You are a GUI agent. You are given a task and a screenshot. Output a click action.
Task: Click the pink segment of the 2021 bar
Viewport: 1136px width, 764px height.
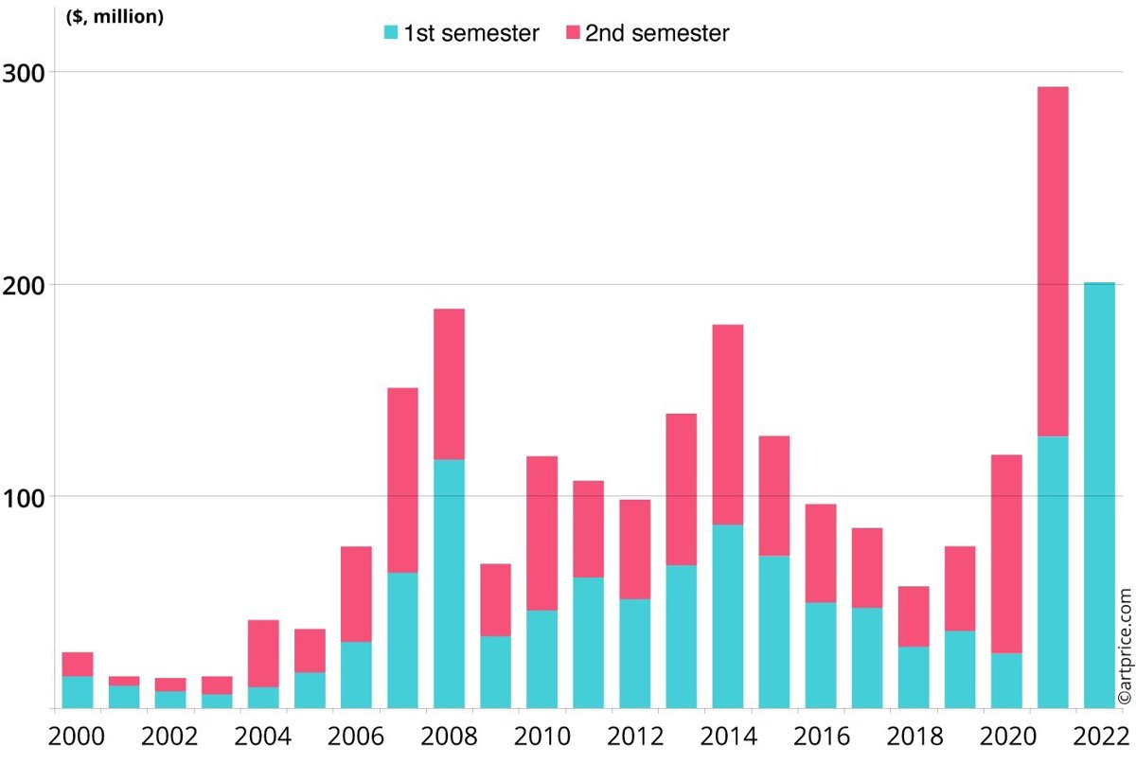coord(1053,261)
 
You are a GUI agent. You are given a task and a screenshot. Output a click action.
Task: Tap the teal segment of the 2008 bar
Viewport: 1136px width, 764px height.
coord(449,583)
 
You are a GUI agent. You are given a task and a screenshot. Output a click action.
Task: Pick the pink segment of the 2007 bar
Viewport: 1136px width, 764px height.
coord(402,480)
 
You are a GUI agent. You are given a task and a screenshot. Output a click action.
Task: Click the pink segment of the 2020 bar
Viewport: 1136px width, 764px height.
coord(1006,554)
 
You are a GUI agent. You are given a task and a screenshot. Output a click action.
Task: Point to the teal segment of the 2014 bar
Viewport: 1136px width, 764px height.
coord(727,615)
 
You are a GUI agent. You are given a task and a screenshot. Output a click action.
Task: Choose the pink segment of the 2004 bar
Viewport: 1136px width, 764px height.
coord(263,653)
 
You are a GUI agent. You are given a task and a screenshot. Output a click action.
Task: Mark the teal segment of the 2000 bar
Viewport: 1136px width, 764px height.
coord(78,692)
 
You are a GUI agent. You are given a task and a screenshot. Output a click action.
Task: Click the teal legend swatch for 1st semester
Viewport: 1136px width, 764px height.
coord(391,33)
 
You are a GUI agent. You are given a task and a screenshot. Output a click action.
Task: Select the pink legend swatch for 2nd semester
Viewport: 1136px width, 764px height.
coord(573,33)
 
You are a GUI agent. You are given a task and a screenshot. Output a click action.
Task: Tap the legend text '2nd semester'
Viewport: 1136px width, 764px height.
coord(657,33)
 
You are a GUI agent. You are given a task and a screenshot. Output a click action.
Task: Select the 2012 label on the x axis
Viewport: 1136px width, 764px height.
coord(634,736)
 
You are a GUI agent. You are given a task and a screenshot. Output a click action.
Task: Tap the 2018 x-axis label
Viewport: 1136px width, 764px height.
coord(914,736)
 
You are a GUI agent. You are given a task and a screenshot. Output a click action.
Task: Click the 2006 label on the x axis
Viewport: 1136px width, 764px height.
coord(355,736)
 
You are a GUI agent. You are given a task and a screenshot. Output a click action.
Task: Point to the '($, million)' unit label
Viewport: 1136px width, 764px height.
coord(115,18)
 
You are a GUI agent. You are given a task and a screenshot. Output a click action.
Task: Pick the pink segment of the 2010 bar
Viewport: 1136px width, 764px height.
coord(541,533)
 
